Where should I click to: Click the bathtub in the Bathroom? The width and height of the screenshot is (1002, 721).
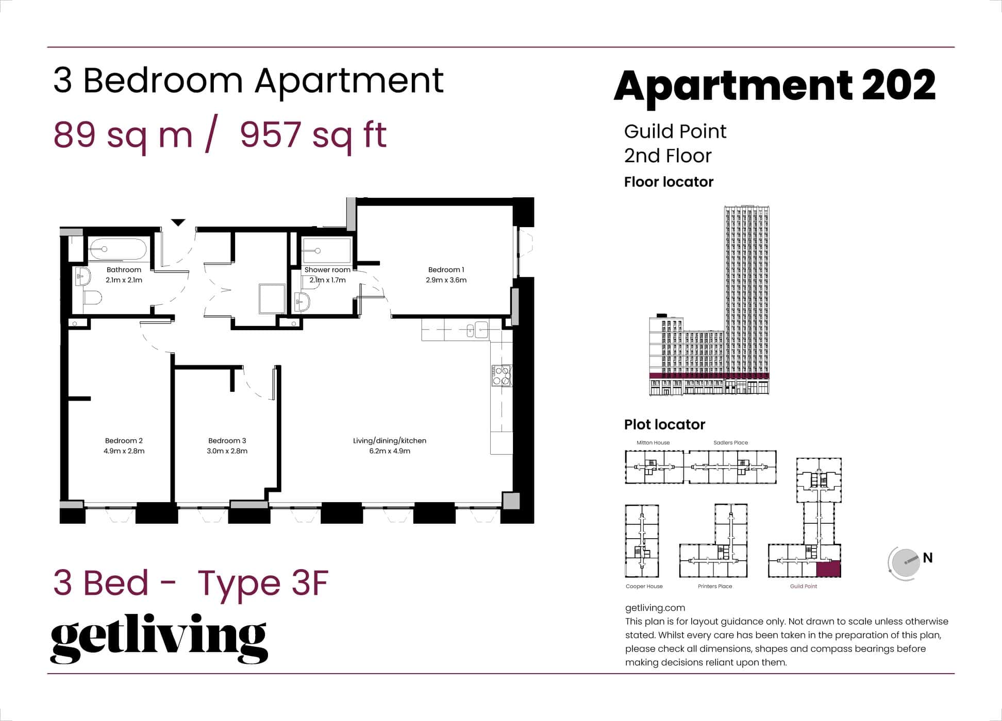[118, 249]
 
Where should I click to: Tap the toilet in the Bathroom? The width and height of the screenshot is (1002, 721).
[93, 298]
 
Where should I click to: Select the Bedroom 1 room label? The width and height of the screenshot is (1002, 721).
[446, 269]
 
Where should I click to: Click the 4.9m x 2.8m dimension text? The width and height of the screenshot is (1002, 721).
[124, 451]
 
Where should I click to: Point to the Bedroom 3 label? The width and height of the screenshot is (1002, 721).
[227, 440]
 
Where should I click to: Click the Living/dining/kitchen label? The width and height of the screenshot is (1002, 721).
[390, 440]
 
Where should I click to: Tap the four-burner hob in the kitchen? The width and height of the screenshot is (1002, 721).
[501, 375]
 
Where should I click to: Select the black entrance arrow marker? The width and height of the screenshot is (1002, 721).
[178, 222]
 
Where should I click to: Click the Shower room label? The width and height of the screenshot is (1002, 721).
[327, 269]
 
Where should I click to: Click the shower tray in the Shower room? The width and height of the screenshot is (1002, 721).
[326, 251]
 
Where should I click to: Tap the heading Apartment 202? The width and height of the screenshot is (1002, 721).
[774, 85]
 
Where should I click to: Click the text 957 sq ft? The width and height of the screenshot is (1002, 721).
[313, 135]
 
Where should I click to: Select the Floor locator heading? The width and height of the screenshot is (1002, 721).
[669, 182]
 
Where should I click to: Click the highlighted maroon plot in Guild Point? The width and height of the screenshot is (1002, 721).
[828, 569]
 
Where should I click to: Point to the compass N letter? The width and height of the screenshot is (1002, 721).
[928, 558]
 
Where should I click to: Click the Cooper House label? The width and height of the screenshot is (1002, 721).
[644, 586]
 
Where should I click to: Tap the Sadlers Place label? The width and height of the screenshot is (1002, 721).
[730, 442]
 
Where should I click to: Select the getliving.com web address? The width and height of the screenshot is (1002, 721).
[655, 608]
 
